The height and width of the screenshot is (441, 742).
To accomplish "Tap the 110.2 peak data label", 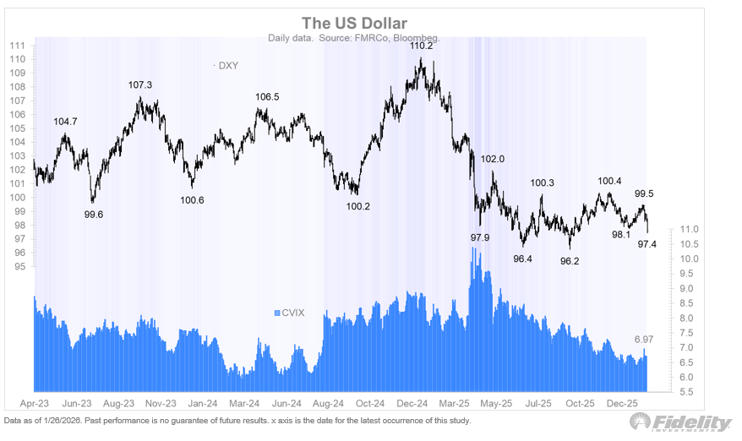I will click(x=422, y=46).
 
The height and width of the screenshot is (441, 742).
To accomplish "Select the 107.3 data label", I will click(x=140, y=85).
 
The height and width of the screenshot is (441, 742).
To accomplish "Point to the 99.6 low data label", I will click(x=95, y=215).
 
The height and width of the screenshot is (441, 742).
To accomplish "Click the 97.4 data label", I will click(x=647, y=245).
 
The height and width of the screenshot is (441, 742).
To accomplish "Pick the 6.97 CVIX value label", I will click(x=645, y=340).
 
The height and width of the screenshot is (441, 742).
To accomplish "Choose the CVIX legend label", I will click(x=292, y=313).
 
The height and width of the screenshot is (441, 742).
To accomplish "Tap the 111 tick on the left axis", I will click(x=17, y=46).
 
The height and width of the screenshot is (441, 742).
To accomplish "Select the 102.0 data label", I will click(x=492, y=159).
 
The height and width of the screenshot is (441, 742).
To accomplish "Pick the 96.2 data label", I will click(x=570, y=261).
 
